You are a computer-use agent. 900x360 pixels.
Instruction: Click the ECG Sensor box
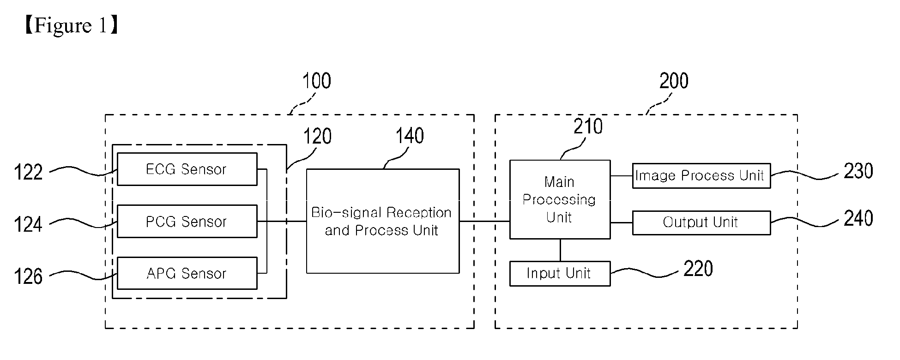pyautogui.click(x=187, y=169)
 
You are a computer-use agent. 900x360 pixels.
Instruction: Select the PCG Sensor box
pyautogui.click(x=187, y=222)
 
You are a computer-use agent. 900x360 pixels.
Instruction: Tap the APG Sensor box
pyautogui.click(x=187, y=273)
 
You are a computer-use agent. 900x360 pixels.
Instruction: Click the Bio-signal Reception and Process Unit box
pyautogui.click(x=383, y=221)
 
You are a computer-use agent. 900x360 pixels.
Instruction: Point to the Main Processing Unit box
pyautogui.click(x=560, y=199)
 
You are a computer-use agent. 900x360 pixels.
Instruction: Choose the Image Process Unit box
pyautogui.click(x=701, y=175)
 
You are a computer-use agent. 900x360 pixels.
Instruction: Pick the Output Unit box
pyautogui.click(x=701, y=222)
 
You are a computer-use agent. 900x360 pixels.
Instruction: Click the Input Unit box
pyautogui.click(x=560, y=274)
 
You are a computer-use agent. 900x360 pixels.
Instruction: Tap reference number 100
pyautogui.click(x=316, y=81)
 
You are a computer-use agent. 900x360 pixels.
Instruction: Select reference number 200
pyautogui.click(x=674, y=81)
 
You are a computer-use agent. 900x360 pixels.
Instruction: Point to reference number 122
pyautogui.click(x=28, y=173)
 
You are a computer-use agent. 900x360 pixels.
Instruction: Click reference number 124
pyautogui.click(x=28, y=225)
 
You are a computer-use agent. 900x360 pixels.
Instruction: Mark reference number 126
pyautogui.click(x=28, y=277)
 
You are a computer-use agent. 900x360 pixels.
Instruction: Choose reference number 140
pyautogui.click(x=410, y=136)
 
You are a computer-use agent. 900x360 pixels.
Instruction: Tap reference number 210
pyautogui.click(x=588, y=126)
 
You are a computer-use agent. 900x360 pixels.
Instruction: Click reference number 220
pyautogui.click(x=698, y=269)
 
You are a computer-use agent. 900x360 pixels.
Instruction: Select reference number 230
pyautogui.click(x=858, y=171)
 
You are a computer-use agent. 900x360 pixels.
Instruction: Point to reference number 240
pyautogui.click(x=858, y=218)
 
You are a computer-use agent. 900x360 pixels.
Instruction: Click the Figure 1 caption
pyautogui.click(x=72, y=25)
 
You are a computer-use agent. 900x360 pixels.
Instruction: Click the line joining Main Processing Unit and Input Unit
pyautogui.click(x=560, y=250)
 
